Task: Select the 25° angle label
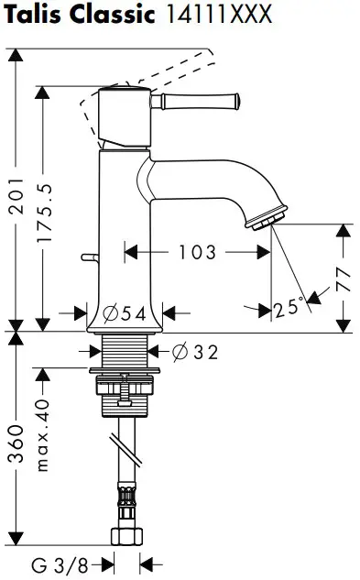287,309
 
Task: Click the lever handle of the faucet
202,97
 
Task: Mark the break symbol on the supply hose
125,449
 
